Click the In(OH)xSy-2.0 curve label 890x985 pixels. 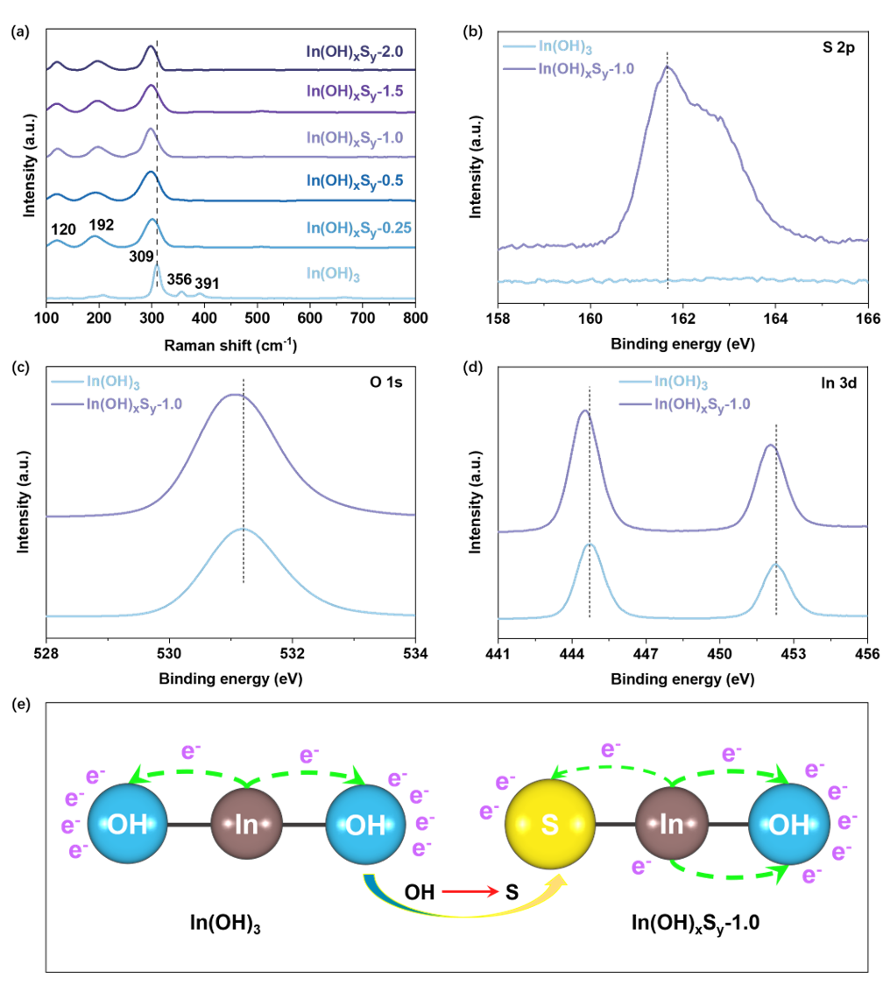355,52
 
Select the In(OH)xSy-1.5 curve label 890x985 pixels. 355,92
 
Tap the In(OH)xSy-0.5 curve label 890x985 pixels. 355,180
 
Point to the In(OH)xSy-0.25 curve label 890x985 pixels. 359,228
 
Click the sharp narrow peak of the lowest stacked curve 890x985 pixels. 157,268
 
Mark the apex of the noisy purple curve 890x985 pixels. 667,67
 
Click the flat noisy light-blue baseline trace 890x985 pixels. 683,280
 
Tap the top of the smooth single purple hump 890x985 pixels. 234,395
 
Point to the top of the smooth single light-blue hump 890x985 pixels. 244,529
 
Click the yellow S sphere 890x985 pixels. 550,825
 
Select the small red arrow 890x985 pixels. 470,891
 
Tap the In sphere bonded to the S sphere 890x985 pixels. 671,825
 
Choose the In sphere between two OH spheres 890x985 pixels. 246,825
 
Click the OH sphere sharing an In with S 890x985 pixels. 788,825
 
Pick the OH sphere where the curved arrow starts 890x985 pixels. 366,825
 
